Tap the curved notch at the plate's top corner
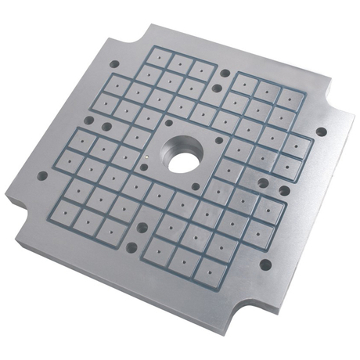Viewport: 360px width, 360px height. (x=138, y=32)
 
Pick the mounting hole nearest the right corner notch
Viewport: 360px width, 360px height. (x=320, y=132)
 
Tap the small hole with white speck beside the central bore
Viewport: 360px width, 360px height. (x=145, y=165)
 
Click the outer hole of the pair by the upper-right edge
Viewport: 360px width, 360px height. (x=226, y=74)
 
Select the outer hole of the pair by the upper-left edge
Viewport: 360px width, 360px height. (x=88, y=121)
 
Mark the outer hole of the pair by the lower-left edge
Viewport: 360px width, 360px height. (x=131, y=247)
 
